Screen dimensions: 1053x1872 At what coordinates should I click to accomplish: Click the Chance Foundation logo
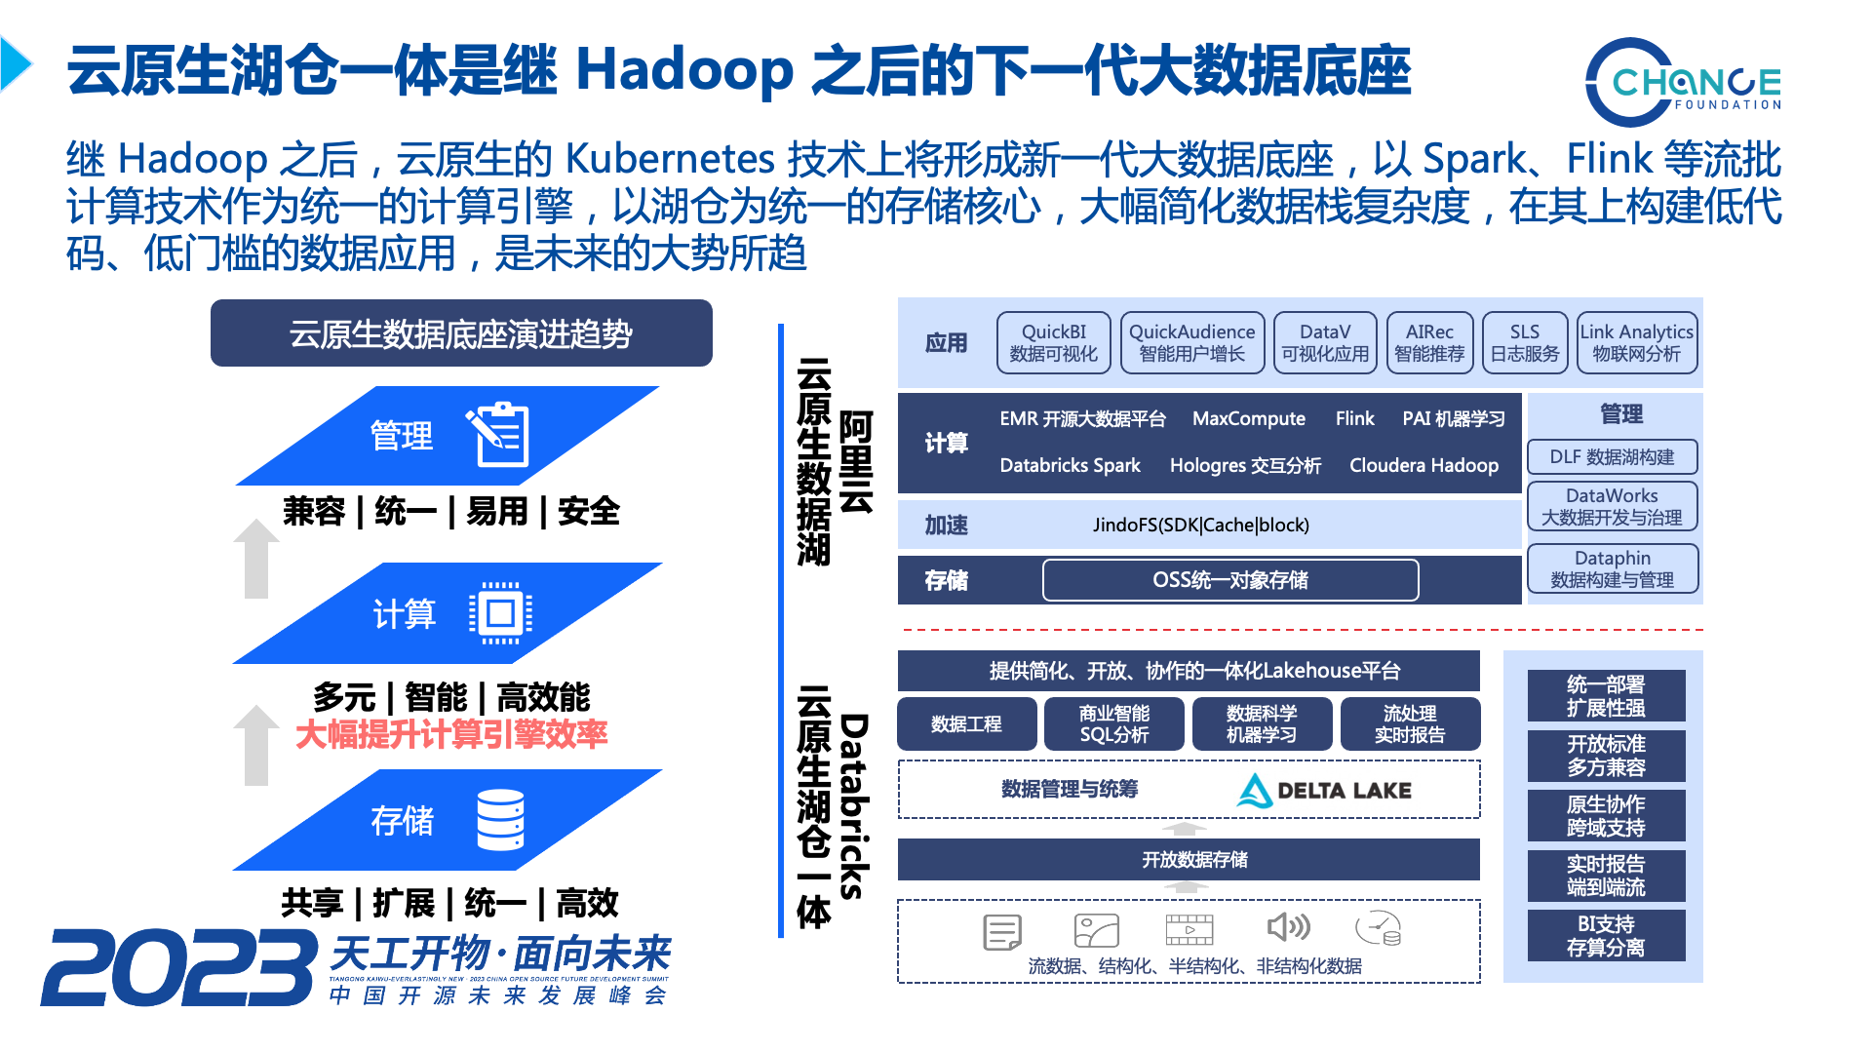(x=1684, y=83)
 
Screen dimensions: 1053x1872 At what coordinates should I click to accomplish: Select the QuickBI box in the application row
(x=1053, y=343)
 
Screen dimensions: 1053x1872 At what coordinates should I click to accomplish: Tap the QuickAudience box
(x=1191, y=343)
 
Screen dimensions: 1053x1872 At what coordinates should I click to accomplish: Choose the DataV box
(x=1325, y=343)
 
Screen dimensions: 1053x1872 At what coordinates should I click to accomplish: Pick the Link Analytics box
(x=1636, y=343)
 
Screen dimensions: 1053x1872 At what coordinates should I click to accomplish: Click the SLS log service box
(x=1524, y=343)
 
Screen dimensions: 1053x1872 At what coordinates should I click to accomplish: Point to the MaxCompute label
(x=1248, y=419)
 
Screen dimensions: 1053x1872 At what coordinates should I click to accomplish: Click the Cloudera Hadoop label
(x=1423, y=466)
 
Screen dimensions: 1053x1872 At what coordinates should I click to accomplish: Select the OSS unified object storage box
(x=1229, y=580)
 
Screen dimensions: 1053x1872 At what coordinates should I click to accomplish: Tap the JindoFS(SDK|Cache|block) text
(x=1200, y=526)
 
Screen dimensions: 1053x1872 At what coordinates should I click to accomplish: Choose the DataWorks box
(x=1612, y=507)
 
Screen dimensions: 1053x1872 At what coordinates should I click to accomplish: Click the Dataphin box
(x=1612, y=569)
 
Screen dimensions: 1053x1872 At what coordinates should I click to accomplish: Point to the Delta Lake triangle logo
(x=1254, y=791)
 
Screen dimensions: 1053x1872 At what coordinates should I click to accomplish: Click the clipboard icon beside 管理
(x=500, y=435)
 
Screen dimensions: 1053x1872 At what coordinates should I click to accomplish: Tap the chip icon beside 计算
(x=500, y=613)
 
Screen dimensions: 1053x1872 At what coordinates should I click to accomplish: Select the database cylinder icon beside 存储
(x=500, y=820)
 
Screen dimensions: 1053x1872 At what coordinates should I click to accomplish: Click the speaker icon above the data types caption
(x=1287, y=927)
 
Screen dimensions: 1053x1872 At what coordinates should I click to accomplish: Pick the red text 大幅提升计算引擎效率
(x=451, y=734)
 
